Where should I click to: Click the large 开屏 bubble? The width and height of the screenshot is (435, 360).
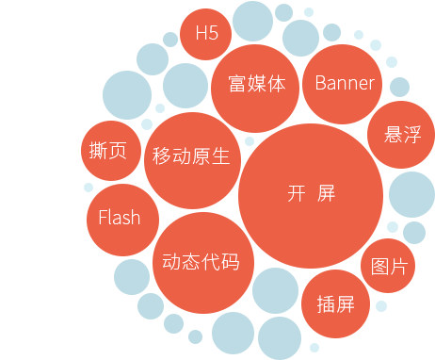pyautogui.click(x=311, y=196)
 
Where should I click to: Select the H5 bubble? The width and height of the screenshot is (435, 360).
pyautogui.click(x=206, y=33)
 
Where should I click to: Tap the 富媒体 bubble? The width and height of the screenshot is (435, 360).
pyautogui.click(x=256, y=85)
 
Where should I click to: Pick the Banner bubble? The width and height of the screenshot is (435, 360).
pyautogui.click(x=344, y=83)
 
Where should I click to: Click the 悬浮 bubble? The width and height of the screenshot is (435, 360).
pyautogui.click(x=401, y=135)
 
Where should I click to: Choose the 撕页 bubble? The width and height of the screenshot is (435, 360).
pyautogui.click(x=112, y=151)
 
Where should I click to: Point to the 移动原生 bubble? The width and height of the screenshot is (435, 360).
pyautogui.click(x=191, y=156)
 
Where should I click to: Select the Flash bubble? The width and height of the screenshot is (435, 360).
pyautogui.click(x=119, y=218)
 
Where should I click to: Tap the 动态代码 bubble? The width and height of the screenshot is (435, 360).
pyautogui.click(x=201, y=262)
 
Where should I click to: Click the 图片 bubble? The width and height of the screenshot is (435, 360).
pyautogui.click(x=389, y=266)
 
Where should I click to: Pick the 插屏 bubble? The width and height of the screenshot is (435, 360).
pyautogui.click(x=335, y=304)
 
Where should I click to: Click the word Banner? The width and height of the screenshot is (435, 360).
pyautogui.click(x=344, y=83)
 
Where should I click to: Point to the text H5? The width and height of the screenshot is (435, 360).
pyautogui.click(x=206, y=33)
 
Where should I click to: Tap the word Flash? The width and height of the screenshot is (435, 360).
pyautogui.click(x=119, y=218)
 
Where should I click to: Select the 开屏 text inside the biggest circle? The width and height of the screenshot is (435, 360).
pyautogui.click(x=311, y=194)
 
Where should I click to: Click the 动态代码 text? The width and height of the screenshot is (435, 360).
pyautogui.click(x=201, y=262)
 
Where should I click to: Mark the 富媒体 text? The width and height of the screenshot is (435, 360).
pyautogui.click(x=256, y=85)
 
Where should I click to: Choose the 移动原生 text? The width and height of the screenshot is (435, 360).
pyautogui.click(x=191, y=156)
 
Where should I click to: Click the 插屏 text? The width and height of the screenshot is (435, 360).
pyautogui.click(x=335, y=304)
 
